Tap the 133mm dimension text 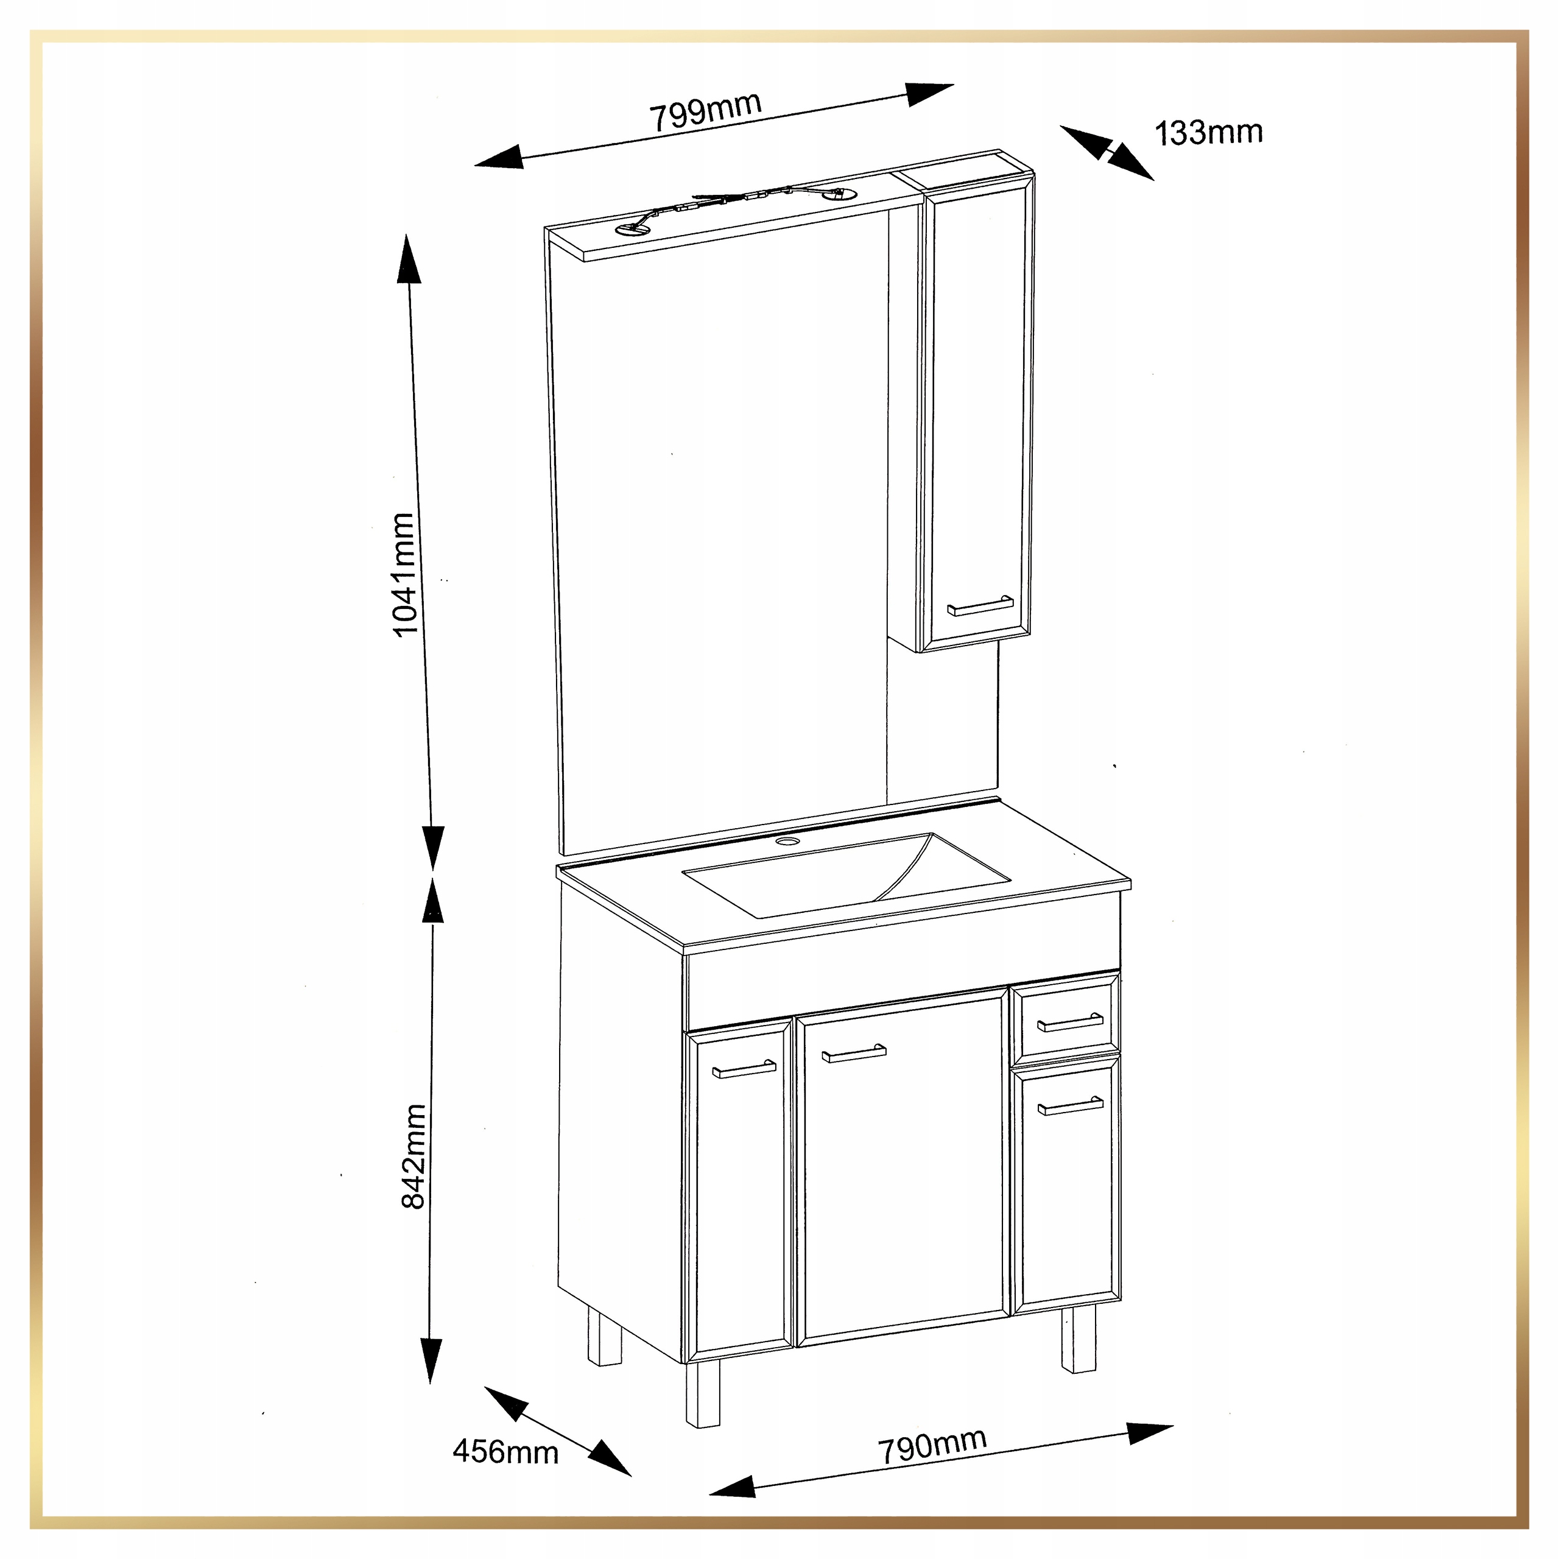pyautogui.click(x=1209, y=132)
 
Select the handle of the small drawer pyautogui.click(x=1070, y=1022)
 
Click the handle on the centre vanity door pyautogui.click(x=854, y=1053)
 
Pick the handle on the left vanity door pyautogui.click(x=744, y=1069)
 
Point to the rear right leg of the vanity pyautogui.click(x=1079, y=1339)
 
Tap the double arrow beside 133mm pyautogui.click(x=1107, y=152)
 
